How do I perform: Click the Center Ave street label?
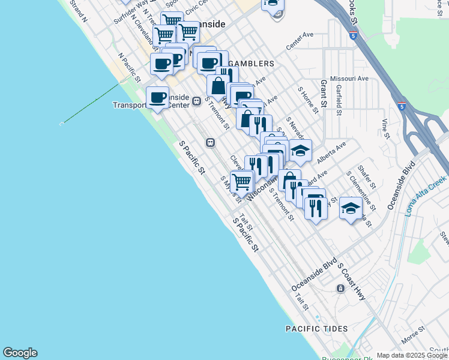300,41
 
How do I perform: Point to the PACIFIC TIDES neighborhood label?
316,329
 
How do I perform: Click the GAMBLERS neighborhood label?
251,63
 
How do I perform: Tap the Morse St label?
413,335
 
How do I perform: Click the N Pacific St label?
129,67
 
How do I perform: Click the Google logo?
20,353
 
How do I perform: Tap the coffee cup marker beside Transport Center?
158,97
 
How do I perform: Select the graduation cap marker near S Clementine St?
351,208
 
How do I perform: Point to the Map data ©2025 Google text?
412,355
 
